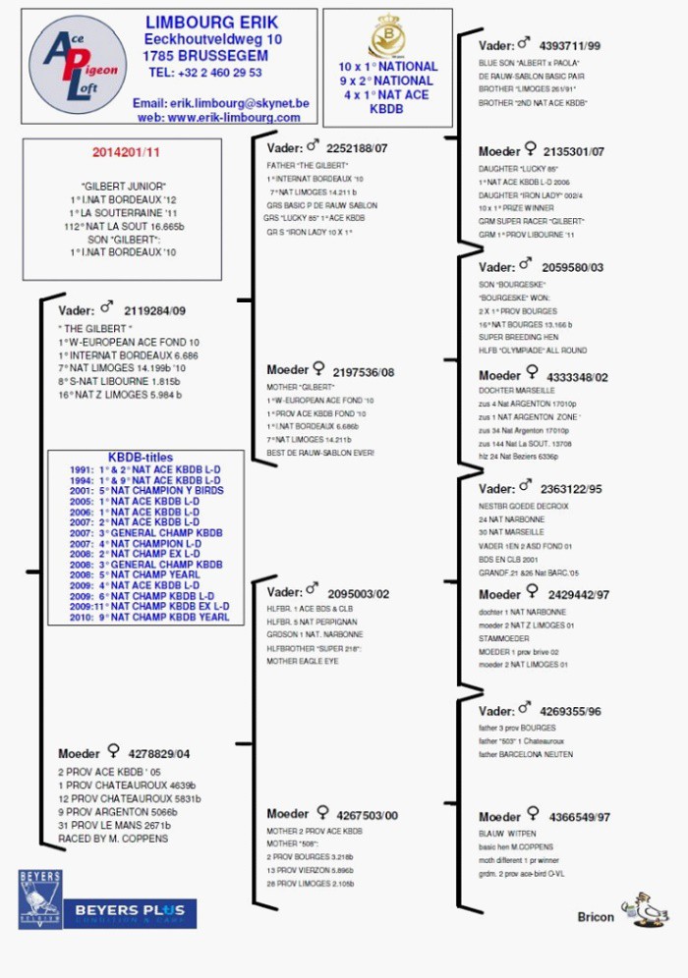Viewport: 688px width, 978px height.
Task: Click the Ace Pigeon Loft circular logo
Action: point(78,65)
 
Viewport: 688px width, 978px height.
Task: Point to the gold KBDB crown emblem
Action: point(386,37)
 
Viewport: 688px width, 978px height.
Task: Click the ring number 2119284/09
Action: point(154,310)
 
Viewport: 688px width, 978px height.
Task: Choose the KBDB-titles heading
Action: point(141,458)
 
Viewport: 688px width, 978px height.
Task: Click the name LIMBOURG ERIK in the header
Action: point(211,23)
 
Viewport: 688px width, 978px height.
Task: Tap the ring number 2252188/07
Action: point(357,148)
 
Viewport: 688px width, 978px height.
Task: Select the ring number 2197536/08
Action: point(363,372)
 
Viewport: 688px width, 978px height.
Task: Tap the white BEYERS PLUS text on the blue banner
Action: point(131,911)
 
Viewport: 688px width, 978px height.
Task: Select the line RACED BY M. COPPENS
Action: point(112,839)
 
